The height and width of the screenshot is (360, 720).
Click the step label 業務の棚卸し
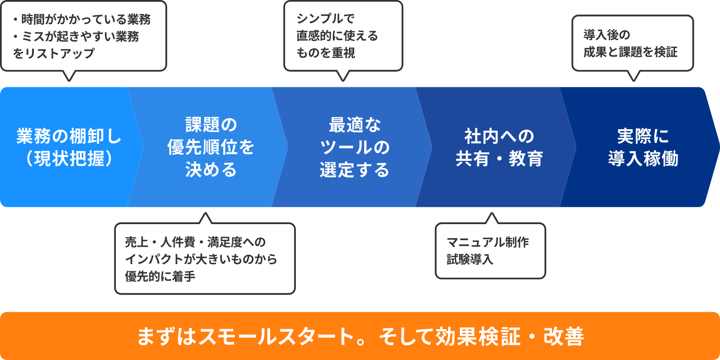(x=69, y=136)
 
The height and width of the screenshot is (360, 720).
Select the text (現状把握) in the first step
(x=69, y=159)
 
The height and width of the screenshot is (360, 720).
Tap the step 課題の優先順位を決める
(x=211, y=147)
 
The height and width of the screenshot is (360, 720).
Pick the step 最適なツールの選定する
(x=355, y=147)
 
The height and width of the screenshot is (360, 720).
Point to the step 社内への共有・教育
(x=499, y=147)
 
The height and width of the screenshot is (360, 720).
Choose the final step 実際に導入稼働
(x=643, y=147)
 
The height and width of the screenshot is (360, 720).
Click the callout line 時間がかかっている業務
(x=86, y=19)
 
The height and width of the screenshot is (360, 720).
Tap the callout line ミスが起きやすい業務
(x=80, y=36)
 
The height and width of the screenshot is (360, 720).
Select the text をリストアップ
(x=54, y=53)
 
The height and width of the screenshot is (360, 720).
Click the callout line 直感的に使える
(x=337, y=36)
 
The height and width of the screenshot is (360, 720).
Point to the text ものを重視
(x=326, y=53)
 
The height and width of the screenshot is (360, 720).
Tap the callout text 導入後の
(x=607, y=35)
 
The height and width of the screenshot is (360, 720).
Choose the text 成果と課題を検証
(x=630, y=52)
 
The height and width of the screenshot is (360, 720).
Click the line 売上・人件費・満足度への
(x=195, y=242)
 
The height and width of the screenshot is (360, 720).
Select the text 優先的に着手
(x=160, y=276)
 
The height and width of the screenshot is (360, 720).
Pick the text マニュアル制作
(x=488, y=242)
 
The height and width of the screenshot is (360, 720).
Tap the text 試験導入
(x=470, y=259)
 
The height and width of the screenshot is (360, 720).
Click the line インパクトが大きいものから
(x=201, y=259)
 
